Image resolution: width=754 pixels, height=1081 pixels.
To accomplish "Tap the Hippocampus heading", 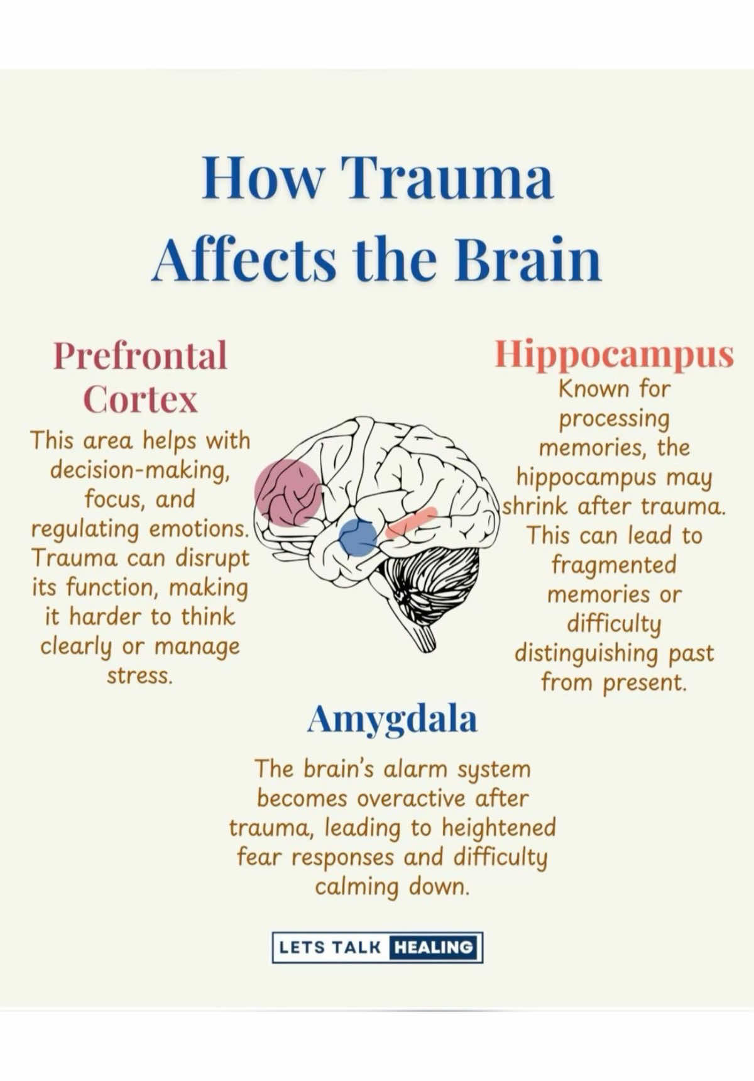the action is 614,356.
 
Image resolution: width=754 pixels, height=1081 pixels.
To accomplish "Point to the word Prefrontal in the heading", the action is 140,356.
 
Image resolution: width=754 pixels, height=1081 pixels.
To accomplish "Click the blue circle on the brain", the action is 358,538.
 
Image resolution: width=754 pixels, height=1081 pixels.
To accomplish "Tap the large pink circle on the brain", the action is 288,492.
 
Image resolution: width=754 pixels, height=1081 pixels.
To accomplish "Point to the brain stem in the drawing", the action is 422,635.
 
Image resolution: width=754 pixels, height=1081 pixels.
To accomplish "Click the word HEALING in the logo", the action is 435,947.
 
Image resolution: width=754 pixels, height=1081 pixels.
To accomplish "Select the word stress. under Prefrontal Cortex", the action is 139,676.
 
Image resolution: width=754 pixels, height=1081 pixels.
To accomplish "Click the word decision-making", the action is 139,471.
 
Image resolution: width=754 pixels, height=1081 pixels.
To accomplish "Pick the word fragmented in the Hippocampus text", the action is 614,565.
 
